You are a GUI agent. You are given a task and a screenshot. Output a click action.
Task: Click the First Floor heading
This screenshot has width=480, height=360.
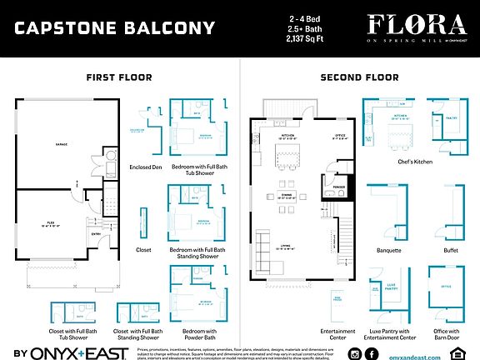click(119, 77)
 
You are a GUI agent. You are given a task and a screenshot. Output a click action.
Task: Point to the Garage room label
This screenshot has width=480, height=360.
click(62, 144)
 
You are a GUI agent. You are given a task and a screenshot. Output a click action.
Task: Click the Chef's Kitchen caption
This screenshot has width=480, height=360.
click(416, 162)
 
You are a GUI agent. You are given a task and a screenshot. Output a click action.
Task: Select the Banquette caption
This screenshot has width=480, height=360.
click(389, 249)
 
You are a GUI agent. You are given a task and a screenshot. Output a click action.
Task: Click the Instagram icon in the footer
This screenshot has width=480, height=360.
click(355, 354)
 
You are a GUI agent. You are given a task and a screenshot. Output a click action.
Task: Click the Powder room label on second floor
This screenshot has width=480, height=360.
click(339, 187)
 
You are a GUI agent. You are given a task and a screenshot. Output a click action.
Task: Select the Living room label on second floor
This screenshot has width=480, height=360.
click(285, 245)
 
